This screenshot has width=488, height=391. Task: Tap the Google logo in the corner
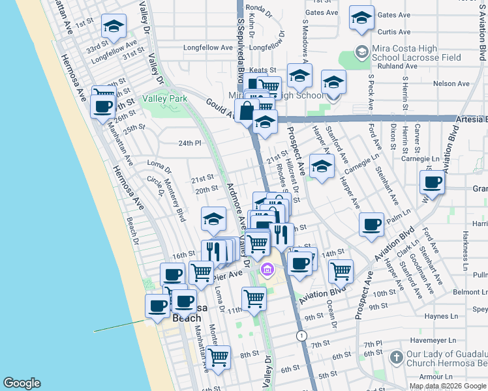coord(22,383)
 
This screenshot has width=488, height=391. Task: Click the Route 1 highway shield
coord(301,335)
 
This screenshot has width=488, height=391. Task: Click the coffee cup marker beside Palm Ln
coord(371,224)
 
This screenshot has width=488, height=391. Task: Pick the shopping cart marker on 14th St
coord(340,270)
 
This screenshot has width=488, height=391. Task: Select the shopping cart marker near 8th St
coord(218,356)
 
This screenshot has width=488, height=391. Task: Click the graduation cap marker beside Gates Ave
coord(361,18)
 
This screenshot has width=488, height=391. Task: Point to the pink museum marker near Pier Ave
coord(267,269)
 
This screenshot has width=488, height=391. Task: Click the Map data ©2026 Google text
coord(448,386)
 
